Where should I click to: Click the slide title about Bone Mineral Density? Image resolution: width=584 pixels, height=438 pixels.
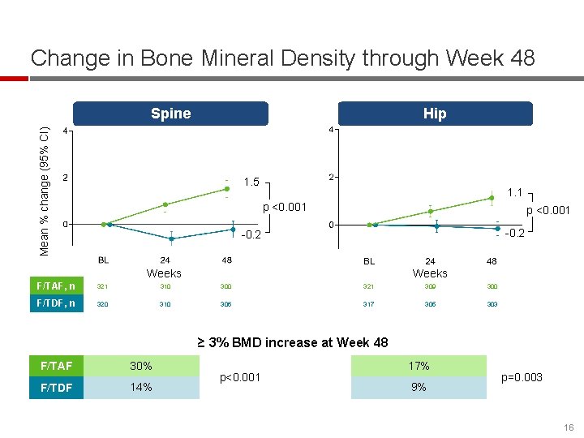(x=282, y=58)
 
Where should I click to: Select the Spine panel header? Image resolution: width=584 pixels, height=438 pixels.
(x=170, y=114)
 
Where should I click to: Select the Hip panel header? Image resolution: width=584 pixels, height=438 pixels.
(x=435, y=114)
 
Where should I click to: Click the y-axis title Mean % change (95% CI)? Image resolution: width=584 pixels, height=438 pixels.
(x=46, y=190)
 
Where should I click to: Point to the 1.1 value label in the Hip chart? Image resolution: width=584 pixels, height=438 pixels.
(x=514, y=193)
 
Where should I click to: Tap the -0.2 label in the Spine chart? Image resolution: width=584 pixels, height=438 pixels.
(x=251, y=236)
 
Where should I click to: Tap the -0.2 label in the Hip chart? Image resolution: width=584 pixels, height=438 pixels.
(x=514, y=234)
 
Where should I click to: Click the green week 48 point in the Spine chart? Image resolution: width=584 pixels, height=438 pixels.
(x=226, y=189)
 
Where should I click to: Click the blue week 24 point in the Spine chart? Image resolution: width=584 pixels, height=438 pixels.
(x=171, y=238)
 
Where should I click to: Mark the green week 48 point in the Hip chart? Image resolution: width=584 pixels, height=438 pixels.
(x=492, y=197)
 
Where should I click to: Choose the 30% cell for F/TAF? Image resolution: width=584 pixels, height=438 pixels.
(x=141, y=366)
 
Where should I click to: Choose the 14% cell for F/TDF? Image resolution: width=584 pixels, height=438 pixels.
(x=141, y=387)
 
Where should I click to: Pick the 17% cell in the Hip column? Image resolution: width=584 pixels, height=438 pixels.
(x=419, y=366)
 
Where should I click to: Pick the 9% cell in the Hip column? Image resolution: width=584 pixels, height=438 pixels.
(x=419, y=387)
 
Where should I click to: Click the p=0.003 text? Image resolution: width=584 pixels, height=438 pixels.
(x=522, y=377)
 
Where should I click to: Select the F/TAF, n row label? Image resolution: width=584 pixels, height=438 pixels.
(x=56, y=286)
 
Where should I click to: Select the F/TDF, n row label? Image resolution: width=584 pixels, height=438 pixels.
(x=56, y=304)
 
